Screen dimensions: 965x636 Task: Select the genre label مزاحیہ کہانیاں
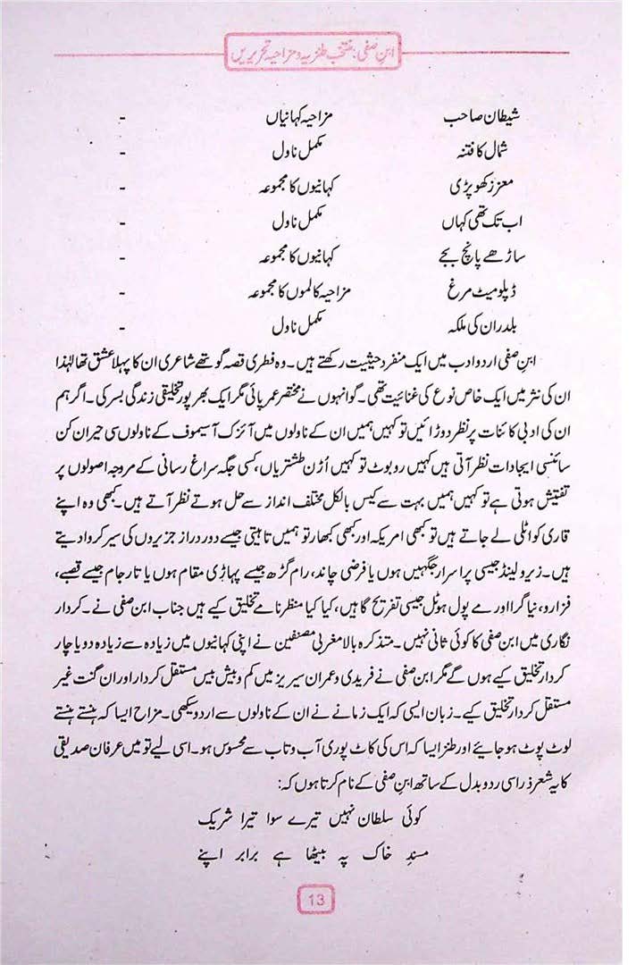(302, 117)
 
